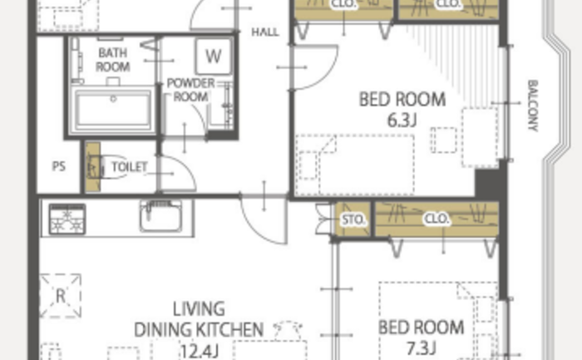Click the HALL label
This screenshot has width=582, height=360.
265,32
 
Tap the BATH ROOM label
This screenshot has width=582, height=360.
113,60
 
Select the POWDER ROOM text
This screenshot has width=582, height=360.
190,90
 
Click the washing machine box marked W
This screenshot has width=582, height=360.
213,57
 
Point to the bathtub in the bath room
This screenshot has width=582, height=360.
113,110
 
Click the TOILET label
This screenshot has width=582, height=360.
130,167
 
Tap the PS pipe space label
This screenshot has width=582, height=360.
59,166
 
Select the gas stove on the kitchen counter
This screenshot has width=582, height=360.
67,219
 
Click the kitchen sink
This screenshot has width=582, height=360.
160,216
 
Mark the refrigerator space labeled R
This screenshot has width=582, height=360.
60,296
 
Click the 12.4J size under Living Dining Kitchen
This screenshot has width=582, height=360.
199,351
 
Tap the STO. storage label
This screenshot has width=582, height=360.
353,219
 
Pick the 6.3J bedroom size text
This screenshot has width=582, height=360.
402,121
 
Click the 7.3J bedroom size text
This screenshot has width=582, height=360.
421,348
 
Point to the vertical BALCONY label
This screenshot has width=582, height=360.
533,106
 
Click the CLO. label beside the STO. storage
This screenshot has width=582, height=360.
436,219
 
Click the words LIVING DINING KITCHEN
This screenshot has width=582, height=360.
199,319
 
